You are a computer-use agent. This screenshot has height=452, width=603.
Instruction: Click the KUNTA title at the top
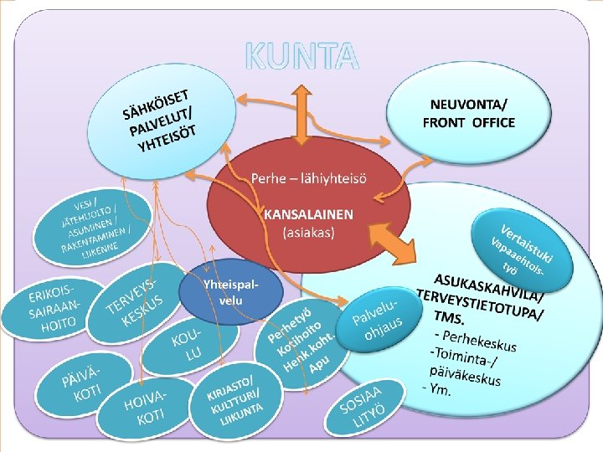(x=301, y=55)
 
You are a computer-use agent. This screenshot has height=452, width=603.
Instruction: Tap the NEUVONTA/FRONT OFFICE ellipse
(x=468, y=114)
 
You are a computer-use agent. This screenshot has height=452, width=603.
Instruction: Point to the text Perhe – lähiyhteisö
(x=309, y=178)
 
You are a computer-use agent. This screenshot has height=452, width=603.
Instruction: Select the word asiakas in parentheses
(x=308, y=232)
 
